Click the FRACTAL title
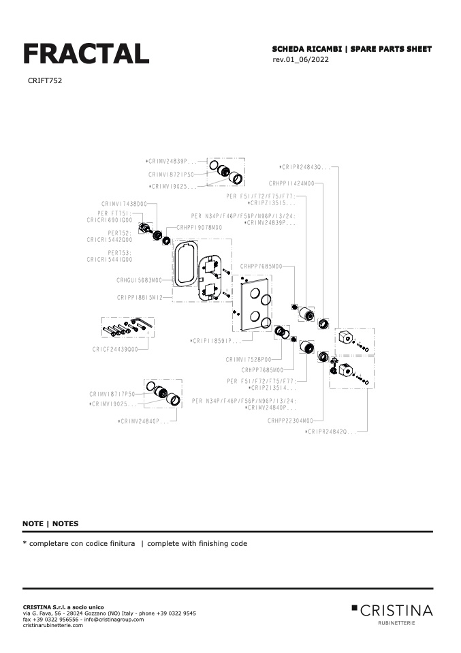click(86, 53)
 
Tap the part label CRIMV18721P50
click(172, 174)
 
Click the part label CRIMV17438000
click(125, 204)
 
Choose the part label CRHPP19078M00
click(199, 227)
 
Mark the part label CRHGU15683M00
click(139, 279)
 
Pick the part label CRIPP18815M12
click(139, 297)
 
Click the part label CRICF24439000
click(115, 349)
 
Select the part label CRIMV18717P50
click(112, 394)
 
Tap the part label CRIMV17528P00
click(249, 359)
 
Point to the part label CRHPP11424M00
click(291, 183)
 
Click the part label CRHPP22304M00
click(291, 421)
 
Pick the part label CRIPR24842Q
click(331, 431)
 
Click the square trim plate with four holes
click(255, 304)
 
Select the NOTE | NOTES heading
click(50, 523)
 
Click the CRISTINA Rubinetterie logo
click(392, 611)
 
